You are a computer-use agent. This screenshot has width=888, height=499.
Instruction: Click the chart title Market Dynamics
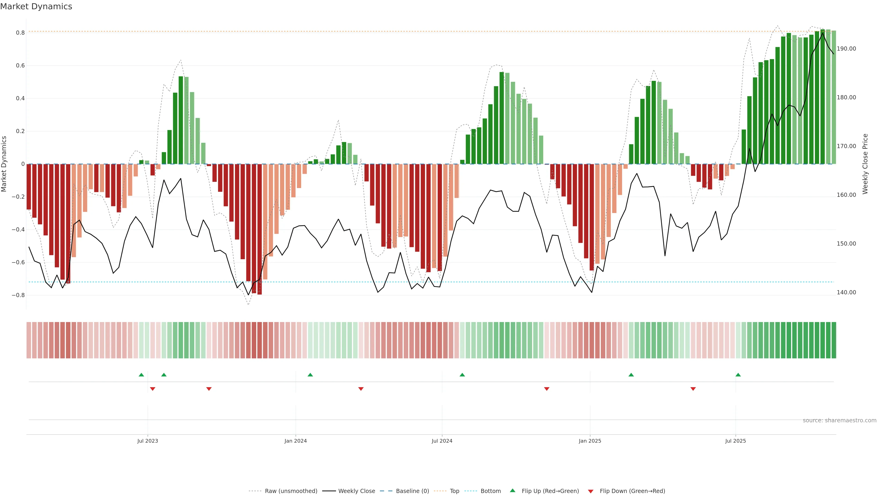tap(36, 6)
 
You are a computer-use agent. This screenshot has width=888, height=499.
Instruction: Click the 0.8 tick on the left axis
tap(20, 33)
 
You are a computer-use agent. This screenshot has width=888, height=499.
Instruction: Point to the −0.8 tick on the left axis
tap(18, 295)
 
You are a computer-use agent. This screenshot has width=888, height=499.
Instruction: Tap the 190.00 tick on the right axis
tap(846, 49)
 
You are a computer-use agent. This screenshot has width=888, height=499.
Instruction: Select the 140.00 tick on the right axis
tap(846, 292)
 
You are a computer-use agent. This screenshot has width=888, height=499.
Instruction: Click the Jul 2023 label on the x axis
tap(148, 441)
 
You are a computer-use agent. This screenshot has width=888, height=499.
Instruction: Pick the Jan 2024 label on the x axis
tap(296, 441)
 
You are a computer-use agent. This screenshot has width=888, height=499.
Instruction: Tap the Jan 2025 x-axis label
tap(590, 441)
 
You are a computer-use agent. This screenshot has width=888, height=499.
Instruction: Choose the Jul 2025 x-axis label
tap(735, 441)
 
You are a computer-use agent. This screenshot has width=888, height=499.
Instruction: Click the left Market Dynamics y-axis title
tap(4, 164)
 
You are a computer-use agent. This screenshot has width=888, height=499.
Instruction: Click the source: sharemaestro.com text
tap(839, 420)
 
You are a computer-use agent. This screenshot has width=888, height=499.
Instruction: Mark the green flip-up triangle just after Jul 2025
tap(738, 375)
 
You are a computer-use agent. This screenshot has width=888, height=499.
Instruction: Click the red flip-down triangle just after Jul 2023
tap(153, 389)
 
